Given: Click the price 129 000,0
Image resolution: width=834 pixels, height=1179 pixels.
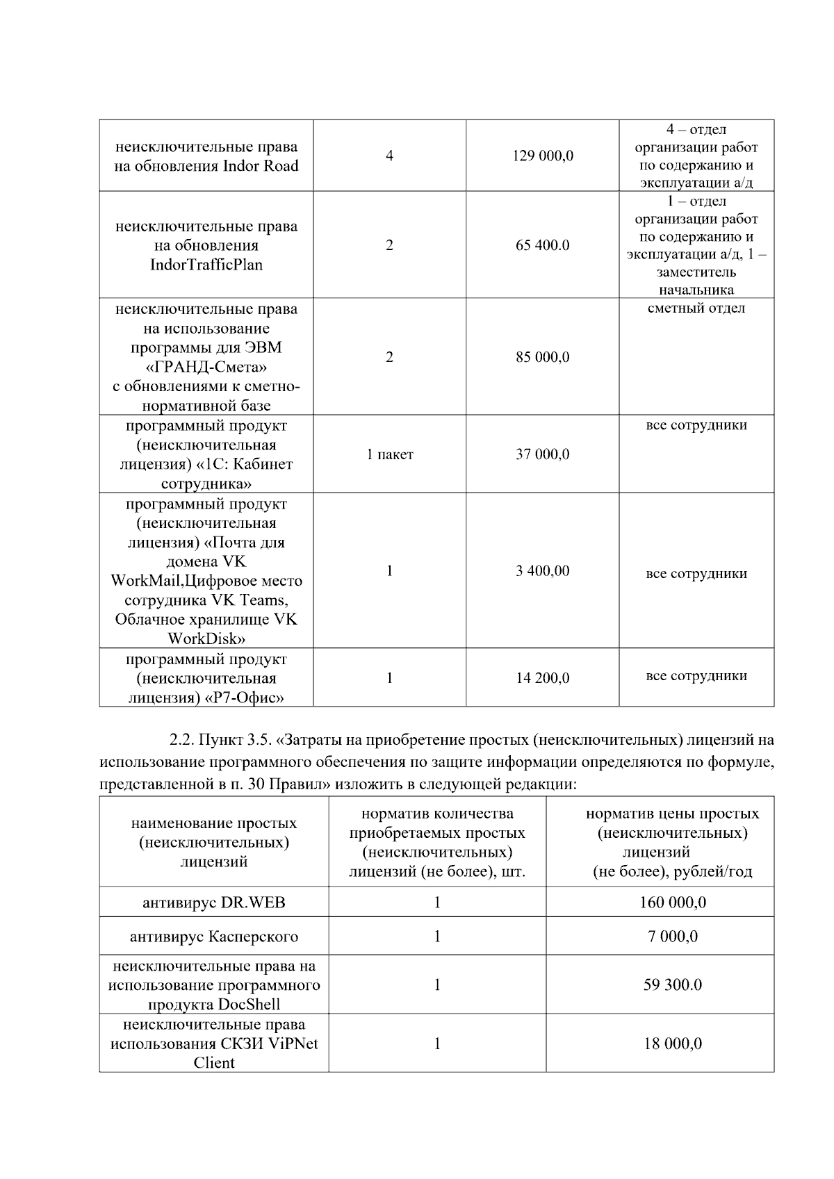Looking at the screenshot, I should click(543, 156).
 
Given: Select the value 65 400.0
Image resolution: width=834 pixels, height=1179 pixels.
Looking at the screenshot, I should click(543, 245).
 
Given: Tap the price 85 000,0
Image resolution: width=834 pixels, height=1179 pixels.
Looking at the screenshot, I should click(543, 357).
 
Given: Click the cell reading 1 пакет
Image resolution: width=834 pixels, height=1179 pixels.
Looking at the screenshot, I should click(390, 454).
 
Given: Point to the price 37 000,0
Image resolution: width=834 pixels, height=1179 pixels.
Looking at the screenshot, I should click(543, 454).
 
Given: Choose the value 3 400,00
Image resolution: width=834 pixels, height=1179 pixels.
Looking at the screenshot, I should click(543, 571).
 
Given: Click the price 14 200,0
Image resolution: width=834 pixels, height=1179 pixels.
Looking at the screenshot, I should click(543, 677).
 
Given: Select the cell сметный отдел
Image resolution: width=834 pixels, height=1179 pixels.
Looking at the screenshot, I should click(696, 308).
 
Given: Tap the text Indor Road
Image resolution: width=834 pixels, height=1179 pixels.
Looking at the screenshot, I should click(261, 166).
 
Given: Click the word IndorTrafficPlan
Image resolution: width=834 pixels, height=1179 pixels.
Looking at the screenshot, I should click(206, 265).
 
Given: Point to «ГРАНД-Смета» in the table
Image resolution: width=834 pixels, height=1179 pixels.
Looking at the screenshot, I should click(206, 367).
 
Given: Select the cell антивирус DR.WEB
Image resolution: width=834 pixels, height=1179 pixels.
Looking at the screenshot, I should click(214, 902).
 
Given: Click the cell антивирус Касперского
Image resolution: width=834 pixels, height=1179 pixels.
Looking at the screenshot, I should click(214, 937).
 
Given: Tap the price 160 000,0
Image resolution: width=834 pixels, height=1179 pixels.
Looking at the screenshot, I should click(672, 902).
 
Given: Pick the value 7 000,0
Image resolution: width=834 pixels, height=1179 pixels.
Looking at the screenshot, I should click(672, 937).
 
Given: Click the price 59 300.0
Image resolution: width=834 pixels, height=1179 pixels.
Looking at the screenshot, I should click(672, 985).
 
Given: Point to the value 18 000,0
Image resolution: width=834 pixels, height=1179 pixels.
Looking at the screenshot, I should click(672, 1044).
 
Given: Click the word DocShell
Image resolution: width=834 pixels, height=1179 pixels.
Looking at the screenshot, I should click(249, 1005).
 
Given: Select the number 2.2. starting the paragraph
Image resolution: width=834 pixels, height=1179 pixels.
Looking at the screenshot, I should click(182, 741).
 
